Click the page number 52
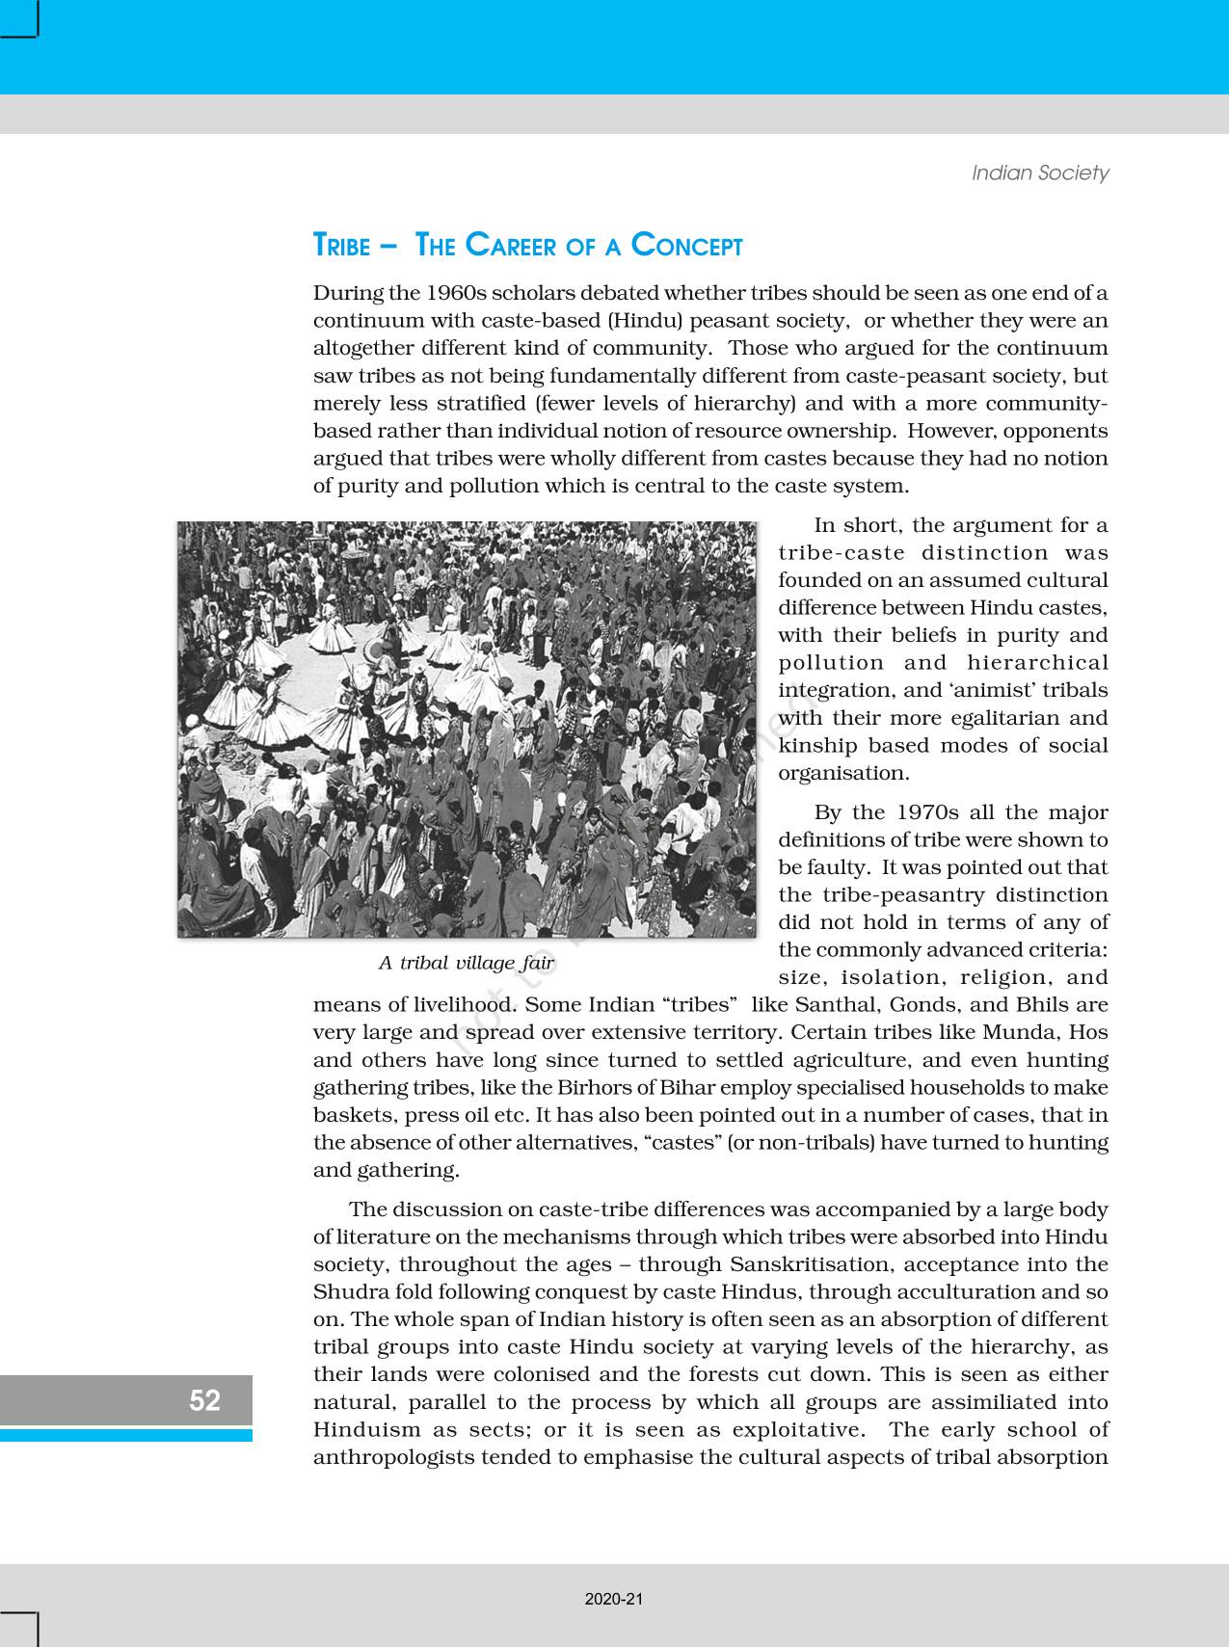click(204, 1400)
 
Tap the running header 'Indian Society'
click(1040, 173)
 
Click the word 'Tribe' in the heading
click(341, 247)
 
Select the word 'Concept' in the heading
click(686, 247)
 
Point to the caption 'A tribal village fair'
click(467, 963)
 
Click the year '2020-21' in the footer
click(614, 1599)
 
